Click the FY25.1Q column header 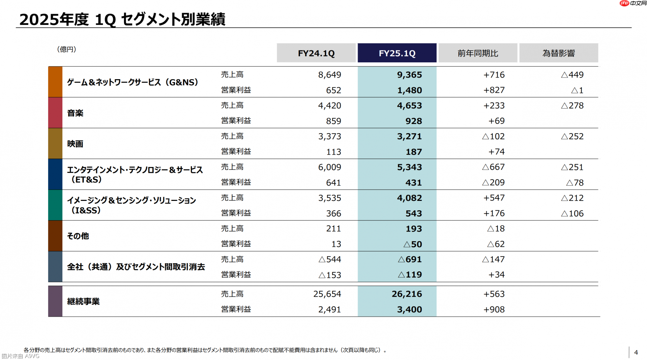pos(397,53)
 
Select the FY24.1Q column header pos(316,53)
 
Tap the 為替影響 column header pos(558,53)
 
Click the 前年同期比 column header pos(477,53)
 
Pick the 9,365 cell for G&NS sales pos(409,75)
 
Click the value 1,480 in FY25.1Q pos(409,90)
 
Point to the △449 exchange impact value pos(572,75)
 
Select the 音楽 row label pos(75,113)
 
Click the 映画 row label pos(75,144)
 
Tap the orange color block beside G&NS pos(55,82)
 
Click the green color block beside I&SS pos(55,205)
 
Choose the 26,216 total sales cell pos(407,294)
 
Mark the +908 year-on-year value pos(494,309)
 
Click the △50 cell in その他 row pos(413,244)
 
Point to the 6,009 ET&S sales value pos(329,167)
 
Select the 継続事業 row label pos(83,301)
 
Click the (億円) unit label pos(67,50)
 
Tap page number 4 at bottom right pos(636,352)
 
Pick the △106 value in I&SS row pos(572,213)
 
